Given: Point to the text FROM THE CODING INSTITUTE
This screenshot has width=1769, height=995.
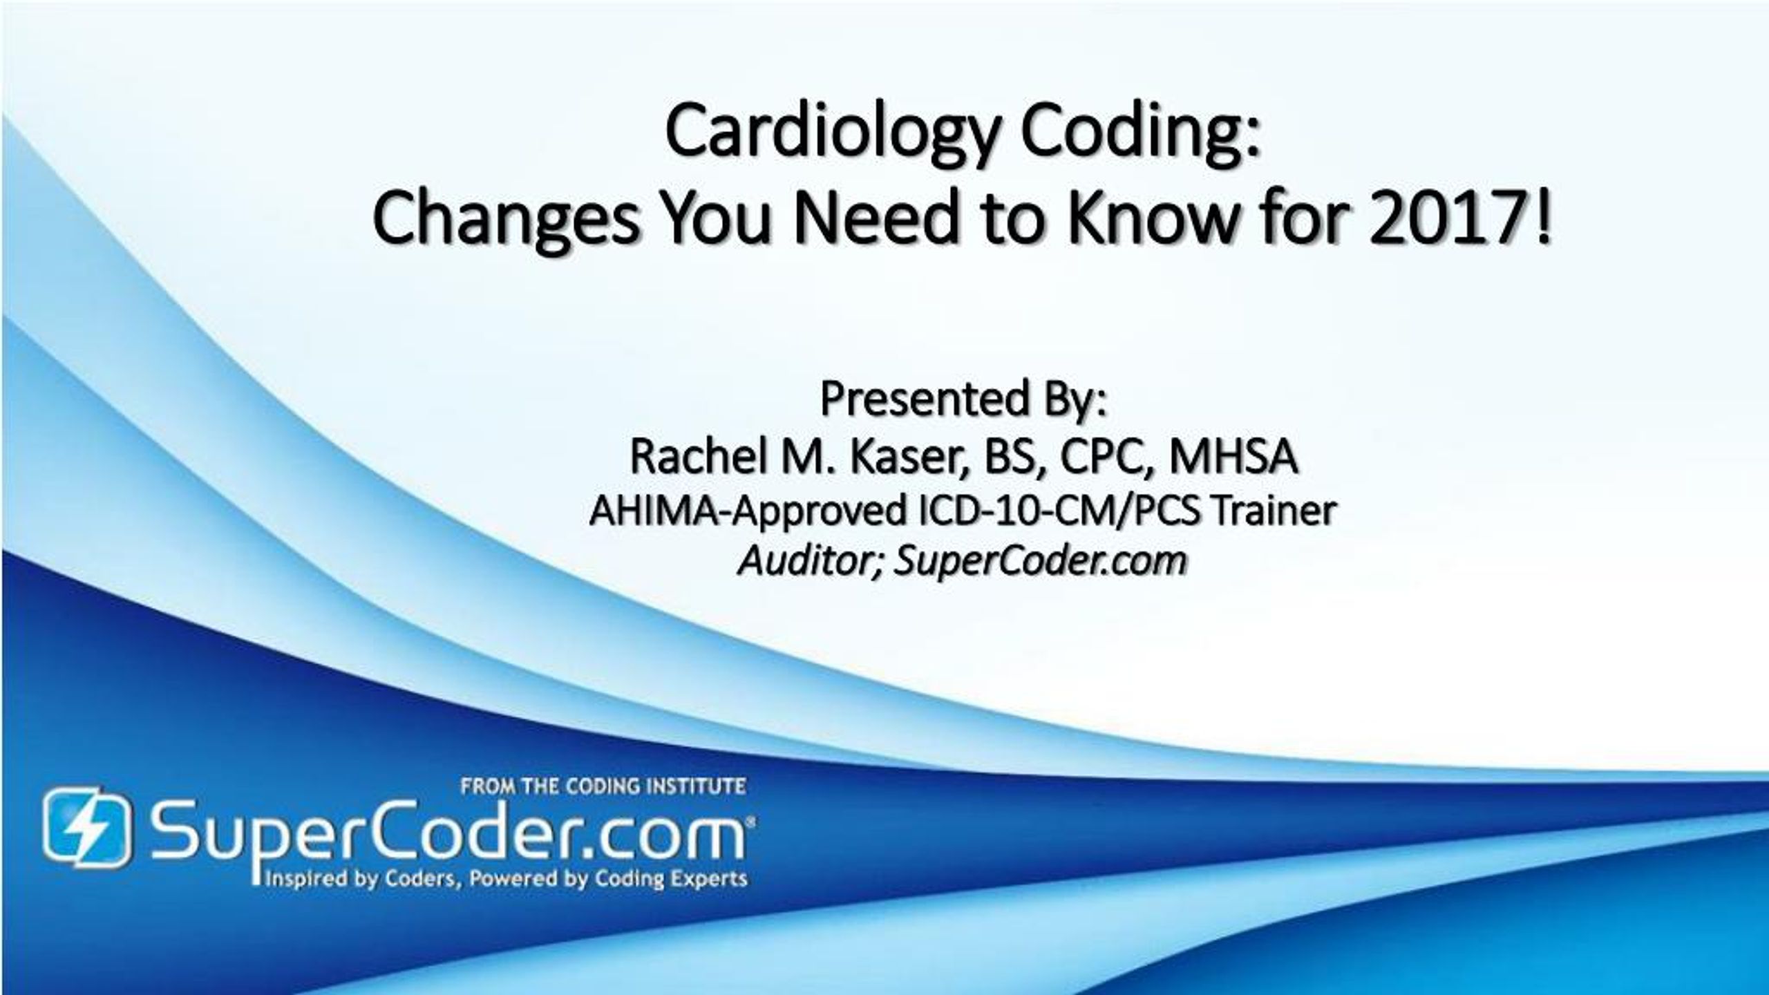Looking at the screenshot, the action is coord(603,786).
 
